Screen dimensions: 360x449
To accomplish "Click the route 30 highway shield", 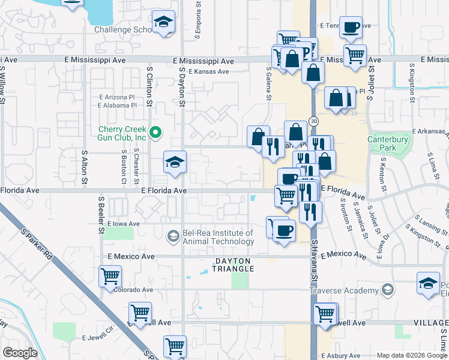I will (x=314, y=121).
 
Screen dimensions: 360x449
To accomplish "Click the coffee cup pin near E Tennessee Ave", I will (x=351, y=26).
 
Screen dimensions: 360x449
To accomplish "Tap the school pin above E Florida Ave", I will (x=175, y=162).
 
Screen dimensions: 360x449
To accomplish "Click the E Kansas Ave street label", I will (x=208, y=71).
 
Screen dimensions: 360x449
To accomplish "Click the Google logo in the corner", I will (x=20, y=353).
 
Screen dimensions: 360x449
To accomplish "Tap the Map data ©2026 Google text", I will (x=412, y=355).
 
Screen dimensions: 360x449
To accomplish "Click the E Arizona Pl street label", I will (x=116, y=97).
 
